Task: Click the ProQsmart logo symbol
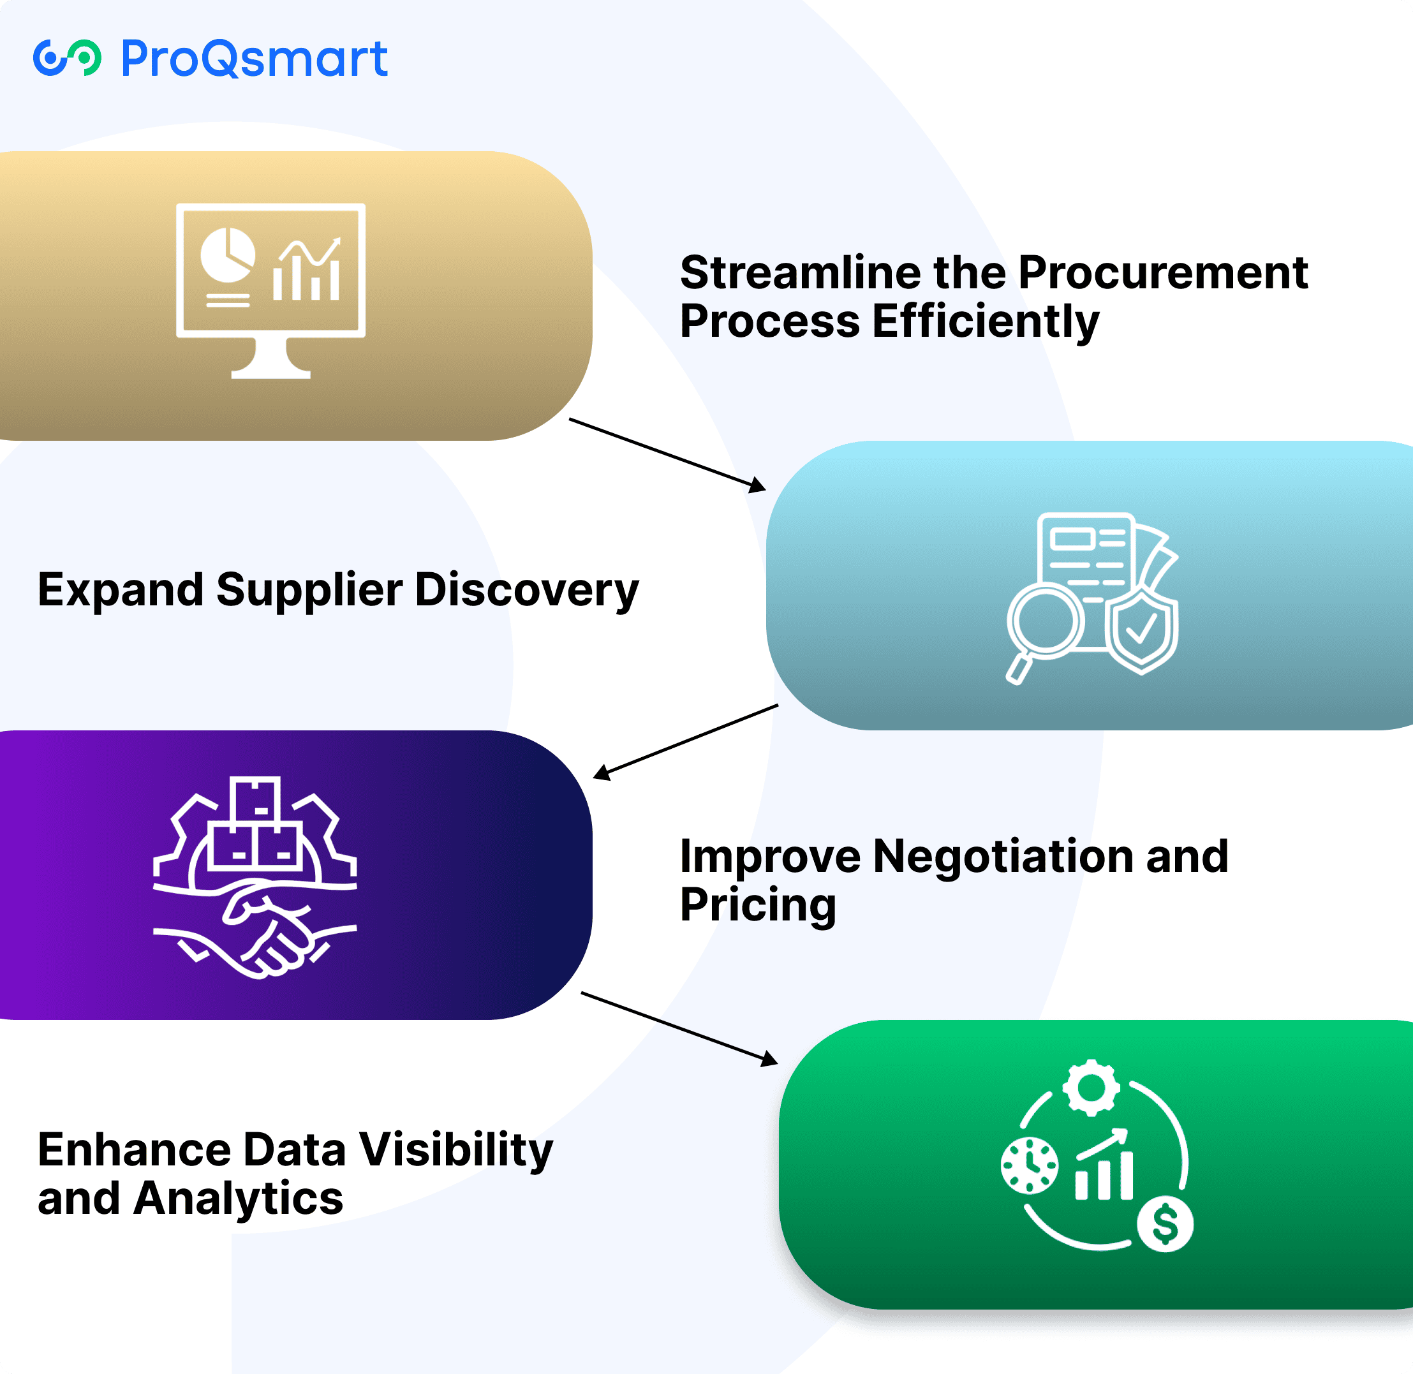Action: (67, 58)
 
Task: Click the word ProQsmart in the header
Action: (254, 59)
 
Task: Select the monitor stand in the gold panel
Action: (270, 359)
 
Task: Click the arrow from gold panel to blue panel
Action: (667, 455)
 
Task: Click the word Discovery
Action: (527, 590)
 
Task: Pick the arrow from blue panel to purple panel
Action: (686, 741)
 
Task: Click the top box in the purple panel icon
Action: (255, 799)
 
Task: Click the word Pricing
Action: (758, 905)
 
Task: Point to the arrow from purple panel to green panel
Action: (678, 1028)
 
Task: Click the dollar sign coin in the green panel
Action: (1165, 1224)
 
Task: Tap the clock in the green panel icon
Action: (1029, 1165)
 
